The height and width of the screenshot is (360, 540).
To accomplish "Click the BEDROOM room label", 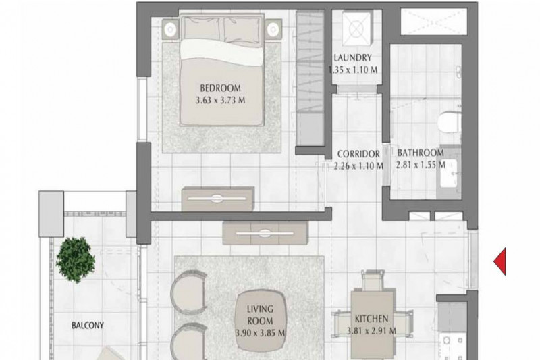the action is pyautogui.click(x=221, y=88).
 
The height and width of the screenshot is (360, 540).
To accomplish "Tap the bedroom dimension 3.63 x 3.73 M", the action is pyautogui.click(x=221, y=100).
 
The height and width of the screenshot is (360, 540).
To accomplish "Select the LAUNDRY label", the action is pyautogui.click(x=352, y=57).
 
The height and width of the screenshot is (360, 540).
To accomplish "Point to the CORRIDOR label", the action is pyautogui.click(x=358, y=153).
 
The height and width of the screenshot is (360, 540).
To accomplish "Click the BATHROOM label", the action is pyautogui.click(x=421, y=153).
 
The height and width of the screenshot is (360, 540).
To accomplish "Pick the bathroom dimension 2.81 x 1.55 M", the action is pyautogui.click(x=421, y=165).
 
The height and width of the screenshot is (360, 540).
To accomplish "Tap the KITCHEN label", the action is pyautogui.click(x=372, y=319).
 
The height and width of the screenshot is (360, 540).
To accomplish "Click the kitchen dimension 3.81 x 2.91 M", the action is pyautogui.click(x=372, y=331).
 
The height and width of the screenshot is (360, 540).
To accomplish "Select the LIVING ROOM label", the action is pyautogui.click(x=261, y=315).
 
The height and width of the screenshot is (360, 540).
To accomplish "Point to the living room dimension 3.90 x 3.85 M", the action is pyautogui.click(x=261, y=333).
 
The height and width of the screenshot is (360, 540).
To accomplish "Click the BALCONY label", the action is pyautogui.click(x=88, y=325).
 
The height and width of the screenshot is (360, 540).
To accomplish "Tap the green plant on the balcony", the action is pyautogui.click(x=76, y=259).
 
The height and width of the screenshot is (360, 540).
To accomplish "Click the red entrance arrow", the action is pyautogui.click(x=500, y=261).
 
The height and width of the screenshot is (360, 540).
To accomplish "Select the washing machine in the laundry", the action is pyautogui.click(x=357, y=28).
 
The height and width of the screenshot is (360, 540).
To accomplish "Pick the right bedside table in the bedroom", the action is pyautogui.click(x=273, y=29).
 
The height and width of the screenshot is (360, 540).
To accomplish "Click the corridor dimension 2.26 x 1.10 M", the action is pyautogui.click(x=358, y=166).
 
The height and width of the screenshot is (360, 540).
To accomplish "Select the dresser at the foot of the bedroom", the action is pyautogui.click(x=218, y=199).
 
